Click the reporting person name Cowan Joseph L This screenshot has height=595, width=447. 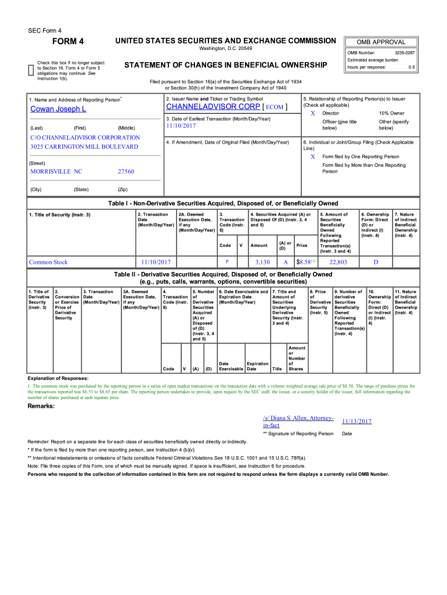[x=58, y=109]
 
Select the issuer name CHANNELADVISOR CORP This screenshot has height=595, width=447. [x=213, y=107]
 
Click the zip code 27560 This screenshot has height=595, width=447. [x=126, y=171]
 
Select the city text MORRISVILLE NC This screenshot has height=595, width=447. [x=56, y=171]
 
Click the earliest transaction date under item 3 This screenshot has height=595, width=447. [x=181, y=126]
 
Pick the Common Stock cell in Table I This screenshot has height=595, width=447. [x=49, y=262]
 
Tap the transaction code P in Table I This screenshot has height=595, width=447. [x=227, y=262]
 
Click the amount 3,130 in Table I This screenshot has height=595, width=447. [x=262, y=262]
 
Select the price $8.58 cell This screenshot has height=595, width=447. [x=305, y=262]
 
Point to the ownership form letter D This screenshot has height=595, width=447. [x=376, y=262]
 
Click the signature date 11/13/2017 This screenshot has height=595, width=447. [x=356, y=421]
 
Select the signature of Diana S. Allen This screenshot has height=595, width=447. [x=298, y=421]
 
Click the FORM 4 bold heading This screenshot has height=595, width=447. [x=69, y=41]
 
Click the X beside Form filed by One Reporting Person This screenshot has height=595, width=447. [x=313, y=157]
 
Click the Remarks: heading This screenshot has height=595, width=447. [x=42, y=406]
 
